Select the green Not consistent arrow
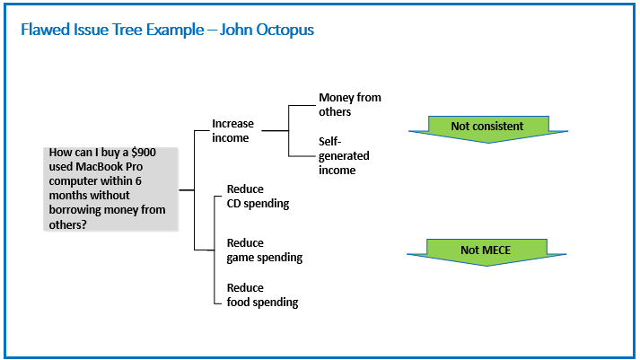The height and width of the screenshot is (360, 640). coord(488,129)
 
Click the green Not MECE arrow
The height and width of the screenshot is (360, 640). coord(487,252)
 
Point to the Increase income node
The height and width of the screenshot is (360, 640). coord(232,130)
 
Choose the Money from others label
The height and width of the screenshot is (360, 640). coord(350,104)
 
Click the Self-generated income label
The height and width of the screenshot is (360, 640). coord(344,155)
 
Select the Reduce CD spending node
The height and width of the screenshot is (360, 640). coord(258,197)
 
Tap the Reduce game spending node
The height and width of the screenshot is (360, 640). coord(265,250)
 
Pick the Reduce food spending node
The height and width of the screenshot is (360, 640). coord(262,295)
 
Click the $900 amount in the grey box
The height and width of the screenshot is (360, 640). coord(144,153)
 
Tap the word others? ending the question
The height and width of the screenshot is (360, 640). coord(67,224)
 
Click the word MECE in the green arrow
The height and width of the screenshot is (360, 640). coord(495,250)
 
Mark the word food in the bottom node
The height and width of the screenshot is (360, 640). coord(238,302)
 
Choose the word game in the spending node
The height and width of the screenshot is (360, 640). coord(239,258)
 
